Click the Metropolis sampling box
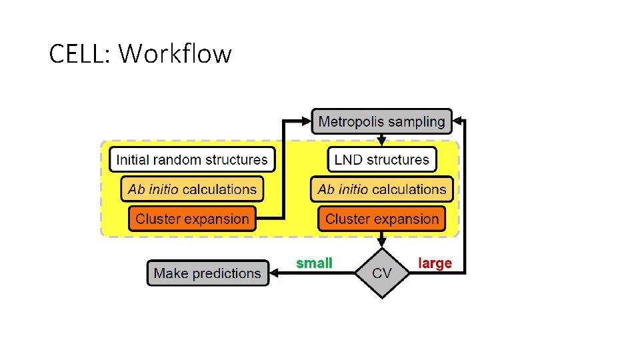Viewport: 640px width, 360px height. pyautogui.click(x=381, y=121)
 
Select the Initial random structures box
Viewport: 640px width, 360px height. pyautogui.click(x=192, y=159)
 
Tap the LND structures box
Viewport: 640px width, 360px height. pyautogui.click(x=381, y=159)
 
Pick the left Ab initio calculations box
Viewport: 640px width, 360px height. pyautogui.click(x=192, y=189)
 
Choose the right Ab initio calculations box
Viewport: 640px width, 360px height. pyautogui.click(x=381, y=189)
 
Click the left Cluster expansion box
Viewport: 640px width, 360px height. pyautogui.click(x=192, y=219)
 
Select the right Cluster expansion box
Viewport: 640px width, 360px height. pyautogui.click(x=381, y=219)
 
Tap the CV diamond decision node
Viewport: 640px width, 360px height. pyautogui.click(x=381, y=273)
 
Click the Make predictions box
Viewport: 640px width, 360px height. pyautogui.click(x=207, y=273)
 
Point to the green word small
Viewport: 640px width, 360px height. pyautogui.click(x=314, y=263)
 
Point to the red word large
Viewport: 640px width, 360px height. pyautogui.click(x=435, y=263)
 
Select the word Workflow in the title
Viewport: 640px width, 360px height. pyautogui.click(x=175, y=53)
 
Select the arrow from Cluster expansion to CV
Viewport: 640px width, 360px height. pyautogui.click(x=381, y=240)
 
